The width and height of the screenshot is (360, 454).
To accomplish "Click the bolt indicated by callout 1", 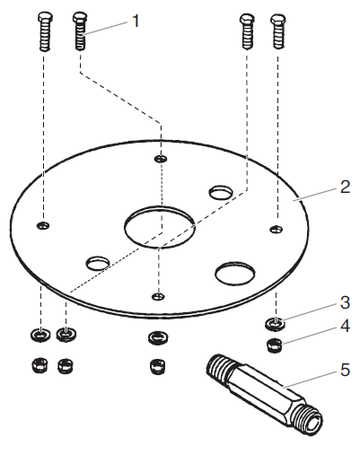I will click(79, 36).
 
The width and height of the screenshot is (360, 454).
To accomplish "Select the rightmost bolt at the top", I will click(278, 36).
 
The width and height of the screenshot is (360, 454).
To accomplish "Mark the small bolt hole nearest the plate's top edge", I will click(160, 159).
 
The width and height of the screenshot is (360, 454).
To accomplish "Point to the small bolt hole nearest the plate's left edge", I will click(43, 223).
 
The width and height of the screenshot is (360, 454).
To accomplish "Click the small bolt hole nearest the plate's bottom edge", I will click(159, 295).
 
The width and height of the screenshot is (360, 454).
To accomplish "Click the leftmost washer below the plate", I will click(40, 336).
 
